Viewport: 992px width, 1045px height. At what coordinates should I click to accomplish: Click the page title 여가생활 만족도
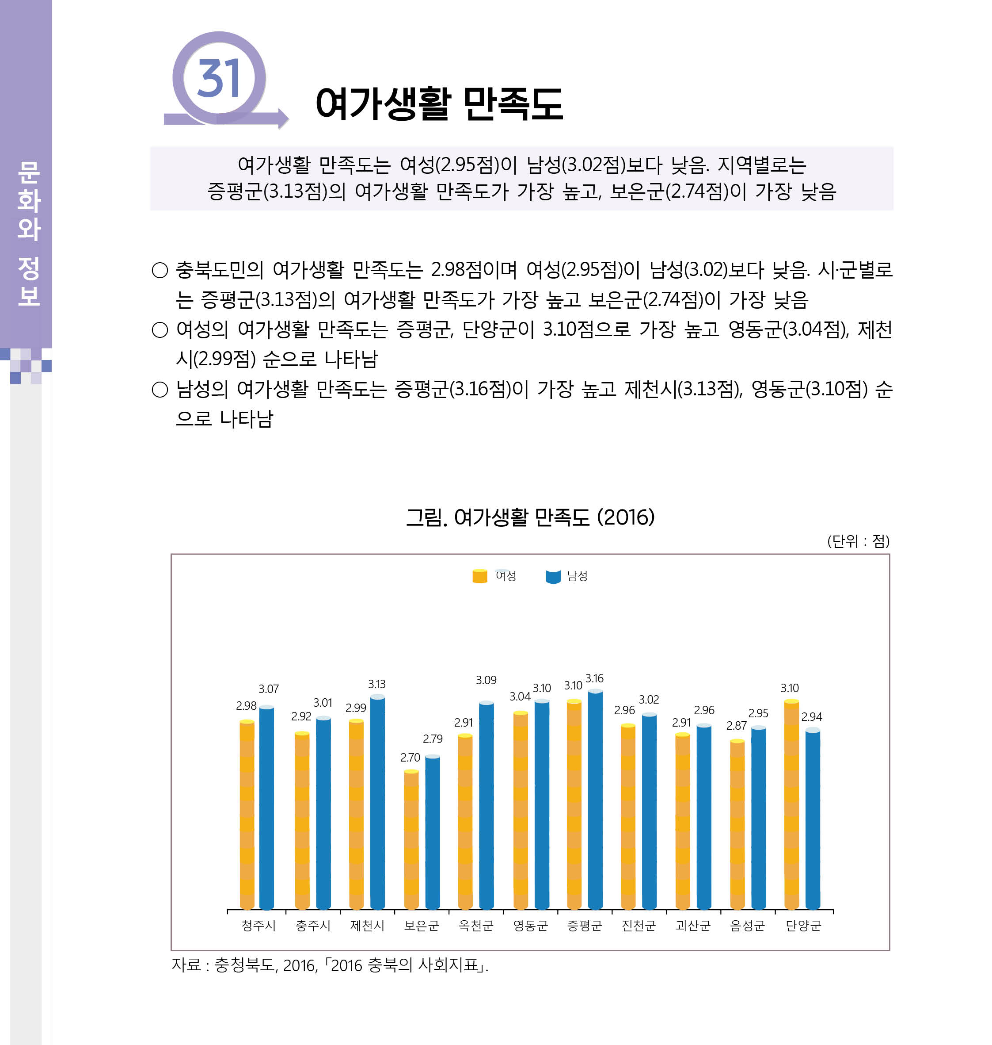coord(439,104)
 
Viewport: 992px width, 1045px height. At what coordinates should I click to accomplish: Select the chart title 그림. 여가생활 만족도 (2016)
coord(530,517)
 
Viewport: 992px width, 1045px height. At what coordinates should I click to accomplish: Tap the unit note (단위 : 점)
coord(858,541)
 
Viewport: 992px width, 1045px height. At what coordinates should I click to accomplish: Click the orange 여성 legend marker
coord(479,576)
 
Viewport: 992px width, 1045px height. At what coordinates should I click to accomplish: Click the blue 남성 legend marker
coord(553,577)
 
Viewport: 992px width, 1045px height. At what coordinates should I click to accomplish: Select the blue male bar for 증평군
coord(595,799)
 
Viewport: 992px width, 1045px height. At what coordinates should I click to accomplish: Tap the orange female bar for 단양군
coord(791,804)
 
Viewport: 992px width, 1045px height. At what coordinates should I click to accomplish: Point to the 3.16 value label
coord(594,678)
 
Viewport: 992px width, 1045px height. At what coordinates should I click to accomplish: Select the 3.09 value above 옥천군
coord(486,680)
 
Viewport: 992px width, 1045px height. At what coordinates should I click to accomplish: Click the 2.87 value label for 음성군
coord(736,725)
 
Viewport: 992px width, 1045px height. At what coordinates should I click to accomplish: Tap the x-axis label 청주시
coord(258,926)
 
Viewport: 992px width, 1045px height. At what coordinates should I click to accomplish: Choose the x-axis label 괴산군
coord(693,926)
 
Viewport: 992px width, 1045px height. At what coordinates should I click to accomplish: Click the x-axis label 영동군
coord(530,926)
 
